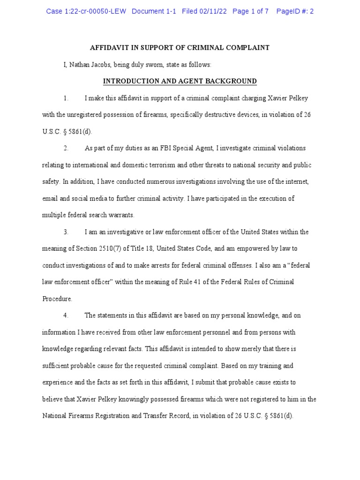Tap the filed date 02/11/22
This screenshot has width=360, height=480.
pos(211,11)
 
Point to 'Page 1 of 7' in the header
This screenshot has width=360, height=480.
pos(250,11)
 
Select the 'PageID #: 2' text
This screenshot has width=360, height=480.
pos(295,11)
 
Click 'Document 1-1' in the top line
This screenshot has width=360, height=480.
pos(154,11)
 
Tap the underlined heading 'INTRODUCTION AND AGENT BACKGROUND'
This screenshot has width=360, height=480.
pos(180,82)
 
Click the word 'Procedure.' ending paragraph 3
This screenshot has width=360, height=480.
pos(57,299)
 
